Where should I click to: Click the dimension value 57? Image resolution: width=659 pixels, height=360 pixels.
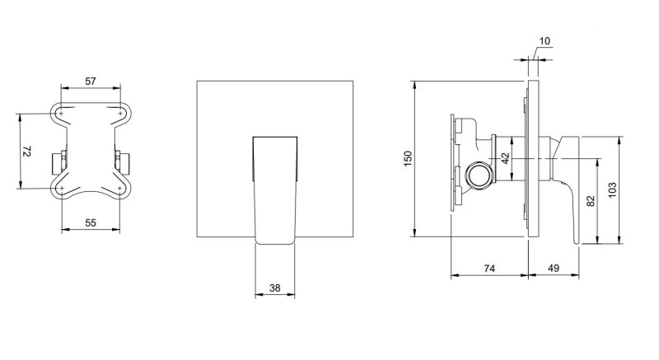91,81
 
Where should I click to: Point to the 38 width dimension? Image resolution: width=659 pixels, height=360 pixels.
276,288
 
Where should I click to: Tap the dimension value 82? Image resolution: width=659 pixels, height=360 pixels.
591,201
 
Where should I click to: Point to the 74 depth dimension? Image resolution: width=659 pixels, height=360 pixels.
488,269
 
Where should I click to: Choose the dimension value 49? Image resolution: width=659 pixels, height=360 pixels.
553,269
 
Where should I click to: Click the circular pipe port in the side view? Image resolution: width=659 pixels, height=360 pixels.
478,175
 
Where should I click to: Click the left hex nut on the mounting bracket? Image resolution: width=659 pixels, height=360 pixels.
60,159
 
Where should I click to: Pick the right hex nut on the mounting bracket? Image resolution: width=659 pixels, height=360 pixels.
124,159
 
